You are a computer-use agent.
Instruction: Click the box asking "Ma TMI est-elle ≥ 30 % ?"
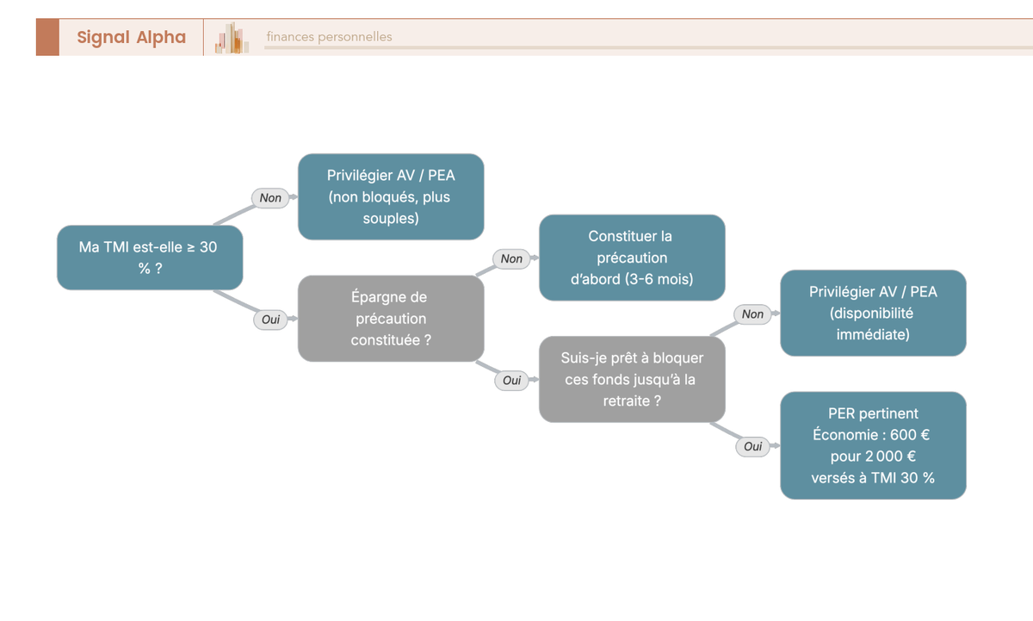pyautogui.click(x=150, y=258)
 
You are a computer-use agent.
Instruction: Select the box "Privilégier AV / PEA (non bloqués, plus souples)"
pyautogui.click(x=391, y=196)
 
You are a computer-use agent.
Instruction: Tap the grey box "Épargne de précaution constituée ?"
pyautogui.click(x=391, y=319)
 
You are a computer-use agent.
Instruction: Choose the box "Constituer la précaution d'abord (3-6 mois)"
pyautogui.click(x=632, y=258)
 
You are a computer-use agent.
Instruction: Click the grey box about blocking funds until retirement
pyautogui.click(x=632, y=379)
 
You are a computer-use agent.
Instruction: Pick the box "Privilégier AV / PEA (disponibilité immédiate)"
pyautogui.click(x=874, y=313)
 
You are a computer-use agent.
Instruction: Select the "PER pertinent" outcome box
pyautogui.click(x=874, y=445)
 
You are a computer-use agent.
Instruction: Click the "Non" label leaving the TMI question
pyautogui.click(x=270, y=198)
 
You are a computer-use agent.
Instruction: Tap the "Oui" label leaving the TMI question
pyautogui.click(x=270, y=320)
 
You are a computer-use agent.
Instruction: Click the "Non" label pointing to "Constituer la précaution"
pyautogui.click(x=511, y=259)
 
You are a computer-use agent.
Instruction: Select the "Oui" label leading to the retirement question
pyautogui.click(x=512, y=381)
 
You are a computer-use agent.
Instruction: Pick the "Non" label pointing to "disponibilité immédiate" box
pyautogui.click(x=752, y=314)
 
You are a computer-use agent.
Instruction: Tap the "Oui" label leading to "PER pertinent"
pyautogui.click(x=753, y=447)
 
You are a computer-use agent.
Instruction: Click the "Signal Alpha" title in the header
pyautogui.click(x=132, y=37)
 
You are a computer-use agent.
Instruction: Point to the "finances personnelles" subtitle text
pyautogui.click(x=329, y=36)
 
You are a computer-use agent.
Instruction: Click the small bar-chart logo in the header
pyautogui.click(x=232, y=38)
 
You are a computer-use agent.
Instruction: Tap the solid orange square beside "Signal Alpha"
pyautogui.click(x=47, y=37)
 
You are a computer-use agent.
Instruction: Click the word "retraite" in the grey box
pyautogui.click(x=626, y=401)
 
